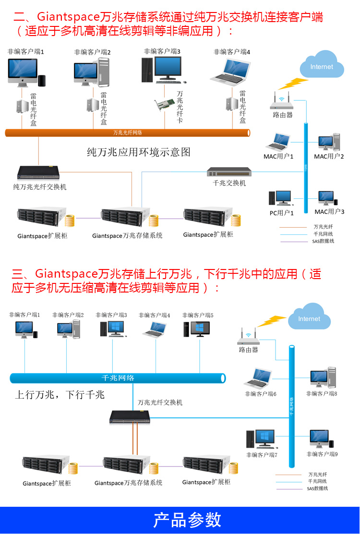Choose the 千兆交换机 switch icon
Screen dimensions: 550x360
point(229,172)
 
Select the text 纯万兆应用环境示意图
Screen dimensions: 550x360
point(138,152)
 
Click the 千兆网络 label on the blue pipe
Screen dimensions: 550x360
point(118,378)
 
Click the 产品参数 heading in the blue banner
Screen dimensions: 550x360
point(187,520)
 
